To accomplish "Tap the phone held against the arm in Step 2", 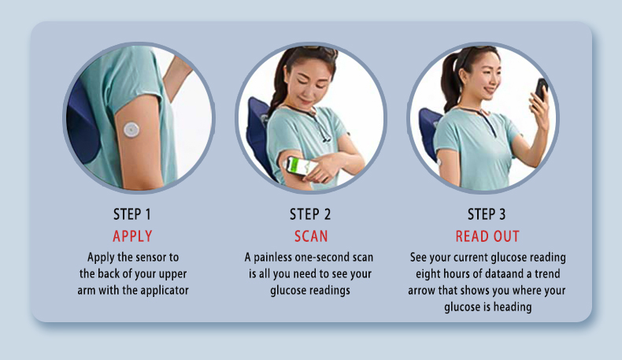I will pos(301,166).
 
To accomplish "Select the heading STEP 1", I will pos(132,215).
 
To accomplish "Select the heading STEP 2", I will pos(310,215).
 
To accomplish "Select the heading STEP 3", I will pos(487,215).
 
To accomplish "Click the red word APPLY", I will pos(132,236).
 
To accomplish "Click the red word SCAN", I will pos(310,236).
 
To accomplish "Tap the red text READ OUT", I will pos(487,236).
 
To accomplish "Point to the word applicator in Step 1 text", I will pos(162,291).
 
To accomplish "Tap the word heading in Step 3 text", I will pos(513,307).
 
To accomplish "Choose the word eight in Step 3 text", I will pos(431,274).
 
